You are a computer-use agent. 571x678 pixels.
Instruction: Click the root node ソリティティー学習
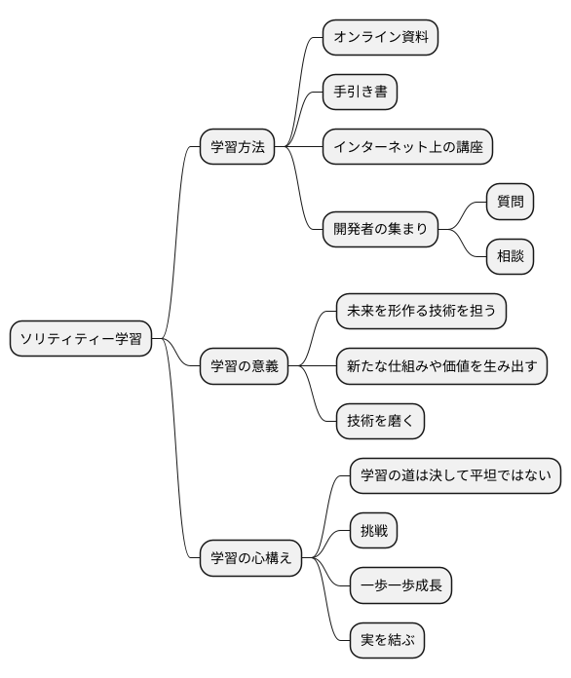(x=81, y=339)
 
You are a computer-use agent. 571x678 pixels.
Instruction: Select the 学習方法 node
(x=237, y=148)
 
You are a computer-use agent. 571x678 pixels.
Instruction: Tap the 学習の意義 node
(x=244, y=366)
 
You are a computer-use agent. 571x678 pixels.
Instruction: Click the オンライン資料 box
(x=381, y=38)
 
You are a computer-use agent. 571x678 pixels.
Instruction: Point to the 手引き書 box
(x=361, y=93)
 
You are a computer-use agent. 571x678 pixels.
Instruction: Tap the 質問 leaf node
(x=511, y=202)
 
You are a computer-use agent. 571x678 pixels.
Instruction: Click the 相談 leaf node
(x=511, y=257)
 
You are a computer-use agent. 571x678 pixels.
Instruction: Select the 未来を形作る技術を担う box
(x=421, y=312)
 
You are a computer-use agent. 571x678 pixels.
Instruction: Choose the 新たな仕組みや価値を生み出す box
(x=440, y=366)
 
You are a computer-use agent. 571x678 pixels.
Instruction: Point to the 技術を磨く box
(x=380, y=421)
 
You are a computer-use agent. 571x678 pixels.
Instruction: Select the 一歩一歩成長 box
(x=400, y=585)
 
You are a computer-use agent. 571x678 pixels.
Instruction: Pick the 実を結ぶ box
(x=387, y=640)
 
